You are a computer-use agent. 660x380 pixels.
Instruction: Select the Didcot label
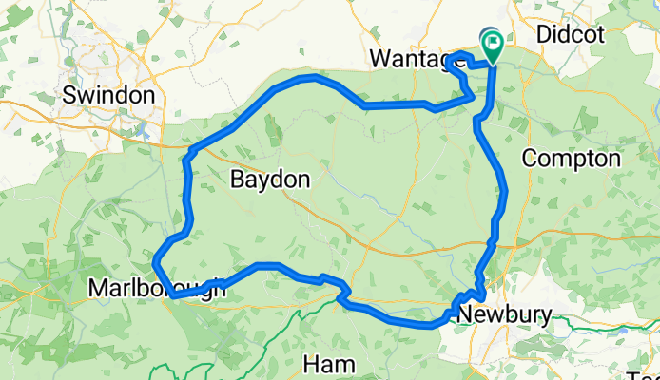pyautogui.click(x=571, y=34)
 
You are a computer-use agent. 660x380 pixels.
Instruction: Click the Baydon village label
pyautogui.click(x=271, y=179)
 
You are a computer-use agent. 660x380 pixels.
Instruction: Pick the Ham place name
pyautogui.click(x=328, y=364)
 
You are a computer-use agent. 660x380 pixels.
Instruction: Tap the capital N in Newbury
pyautogui.click(x=464, y=314)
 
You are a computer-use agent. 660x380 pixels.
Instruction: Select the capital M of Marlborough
pyautogui.click(x=96, y=287)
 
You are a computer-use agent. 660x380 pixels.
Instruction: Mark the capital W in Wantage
pyautogui.click(x=378, y=59)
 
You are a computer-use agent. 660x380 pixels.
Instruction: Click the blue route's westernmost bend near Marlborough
pyautogui.click(x=155, y=256)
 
